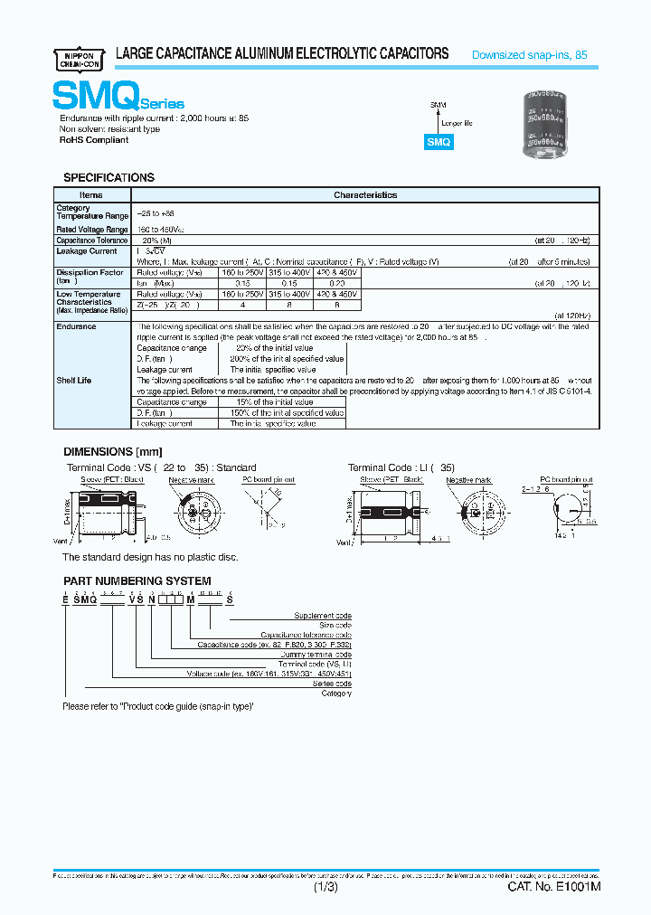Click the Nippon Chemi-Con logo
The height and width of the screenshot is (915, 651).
pos(80,56)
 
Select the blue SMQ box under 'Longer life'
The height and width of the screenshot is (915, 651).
pos(439,142)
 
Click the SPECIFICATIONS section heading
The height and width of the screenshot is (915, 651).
pos(108,178)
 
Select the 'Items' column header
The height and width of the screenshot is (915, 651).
pos(91,195)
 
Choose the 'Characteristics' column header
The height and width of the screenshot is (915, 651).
pos(364,195)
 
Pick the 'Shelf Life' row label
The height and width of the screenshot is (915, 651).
pos(74,381)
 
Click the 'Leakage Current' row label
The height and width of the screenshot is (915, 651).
pos(87,251)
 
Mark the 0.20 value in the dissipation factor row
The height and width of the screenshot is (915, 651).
pos(336,283)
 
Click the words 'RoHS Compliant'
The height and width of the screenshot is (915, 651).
pos(94,140)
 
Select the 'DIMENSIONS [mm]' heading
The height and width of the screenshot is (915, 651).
pos(111,451)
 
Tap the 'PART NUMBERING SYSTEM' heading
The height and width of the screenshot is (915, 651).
pos(137,580)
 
